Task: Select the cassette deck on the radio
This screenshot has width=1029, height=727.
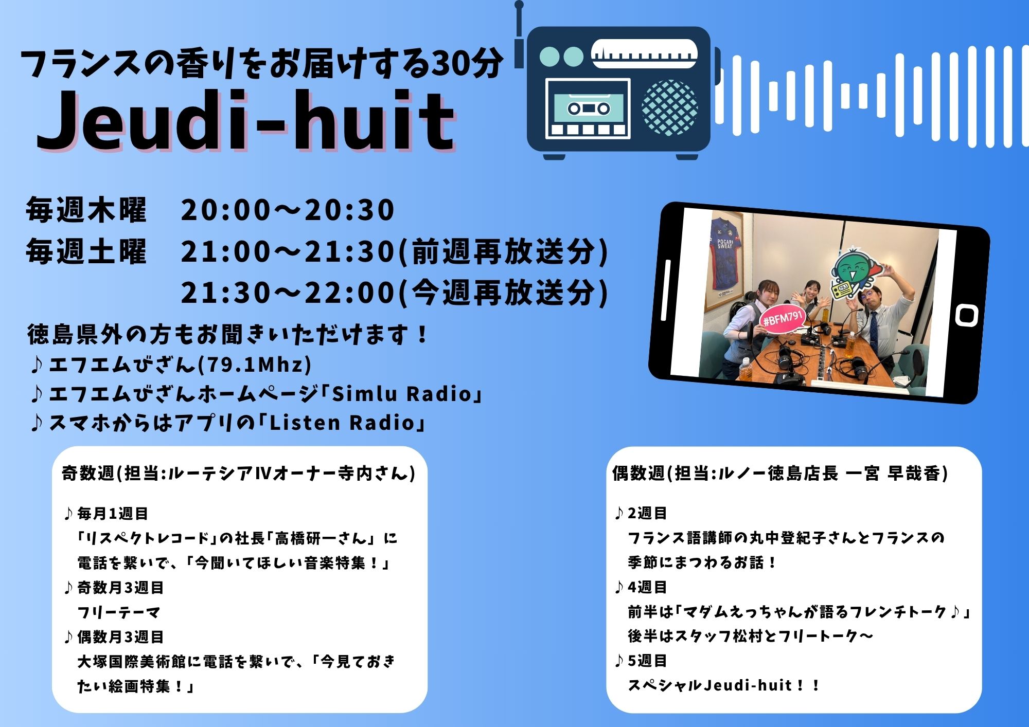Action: pos(588,108)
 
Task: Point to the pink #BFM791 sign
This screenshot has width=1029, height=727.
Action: pos(783,320)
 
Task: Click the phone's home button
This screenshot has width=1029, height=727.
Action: pos(966,315)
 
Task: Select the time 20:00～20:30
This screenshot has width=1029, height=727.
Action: pos(288,210)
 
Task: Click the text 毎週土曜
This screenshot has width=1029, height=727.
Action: pos(86,251)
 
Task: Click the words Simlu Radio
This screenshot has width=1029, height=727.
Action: pos(402,394)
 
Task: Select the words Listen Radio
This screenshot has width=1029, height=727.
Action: pos(342,423)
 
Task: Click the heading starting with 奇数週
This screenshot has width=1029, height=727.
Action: pos(239,473)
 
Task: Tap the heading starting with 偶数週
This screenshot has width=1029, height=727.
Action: pos(780,473)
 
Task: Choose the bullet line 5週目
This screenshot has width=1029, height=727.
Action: pos(642,661)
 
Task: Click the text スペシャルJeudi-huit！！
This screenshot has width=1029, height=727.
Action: pos(723,685)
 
